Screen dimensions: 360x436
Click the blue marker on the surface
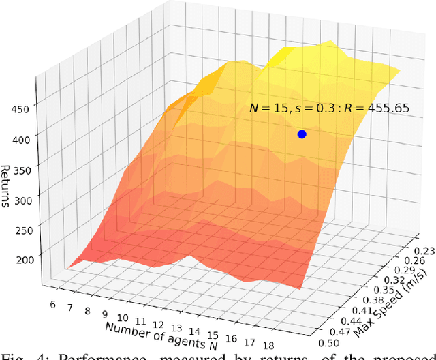coord(302,134)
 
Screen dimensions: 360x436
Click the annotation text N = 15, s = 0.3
coord(289,108)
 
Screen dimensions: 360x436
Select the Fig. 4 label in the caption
coord(20,354)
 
